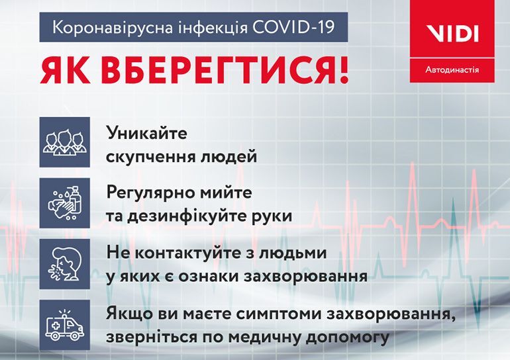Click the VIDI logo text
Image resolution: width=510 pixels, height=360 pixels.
[452, 34]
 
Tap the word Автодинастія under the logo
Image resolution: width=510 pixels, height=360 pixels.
[452, 69]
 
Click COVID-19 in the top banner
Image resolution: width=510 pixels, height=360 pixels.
[293, 27]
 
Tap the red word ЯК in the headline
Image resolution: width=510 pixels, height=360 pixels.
[65, 70]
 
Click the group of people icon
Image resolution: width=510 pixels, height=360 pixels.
[65, 142]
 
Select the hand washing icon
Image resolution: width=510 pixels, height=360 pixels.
[65, 202]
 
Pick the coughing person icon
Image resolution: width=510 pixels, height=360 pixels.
[65, 264]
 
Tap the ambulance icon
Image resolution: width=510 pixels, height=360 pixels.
[65, 325]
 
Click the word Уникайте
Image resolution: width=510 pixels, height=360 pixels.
[146, 134]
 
